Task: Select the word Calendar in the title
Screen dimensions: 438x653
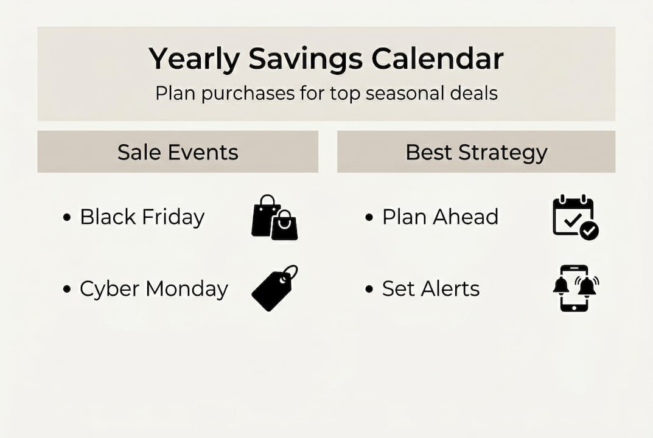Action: pyautogui.click(x=437, y=59)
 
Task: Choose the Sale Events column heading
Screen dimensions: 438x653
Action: pyautogui.click(x=178, y=151)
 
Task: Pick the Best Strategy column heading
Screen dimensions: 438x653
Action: pyautogui.click(x=476, y=152)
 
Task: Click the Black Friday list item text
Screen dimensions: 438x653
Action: pyautogui.click(x=142, y=217)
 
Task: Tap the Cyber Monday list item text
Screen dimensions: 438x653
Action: pyautogui.click(x=153, y=289)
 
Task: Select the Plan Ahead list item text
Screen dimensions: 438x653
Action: pyautogui.click(x=440, y=217)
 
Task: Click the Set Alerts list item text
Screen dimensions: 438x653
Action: pyautogui.click(x=430, y=288)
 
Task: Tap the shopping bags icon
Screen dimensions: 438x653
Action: pyautogui.click(x=274, y=217)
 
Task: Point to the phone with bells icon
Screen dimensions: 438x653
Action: pyautogui.click(x=574, y=288)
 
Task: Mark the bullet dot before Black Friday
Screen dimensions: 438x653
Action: pyautogui.click(x=67, y=217)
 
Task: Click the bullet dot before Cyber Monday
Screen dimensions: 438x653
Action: pyautogui.click(x=67, y=289)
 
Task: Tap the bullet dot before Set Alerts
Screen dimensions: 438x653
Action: pyautogui.click(x=369, y=289)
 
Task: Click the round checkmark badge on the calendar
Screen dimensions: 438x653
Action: pyautogui.click(x=589, y=231)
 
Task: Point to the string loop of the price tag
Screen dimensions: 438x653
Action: pyautogui.click(x=290, y=272)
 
